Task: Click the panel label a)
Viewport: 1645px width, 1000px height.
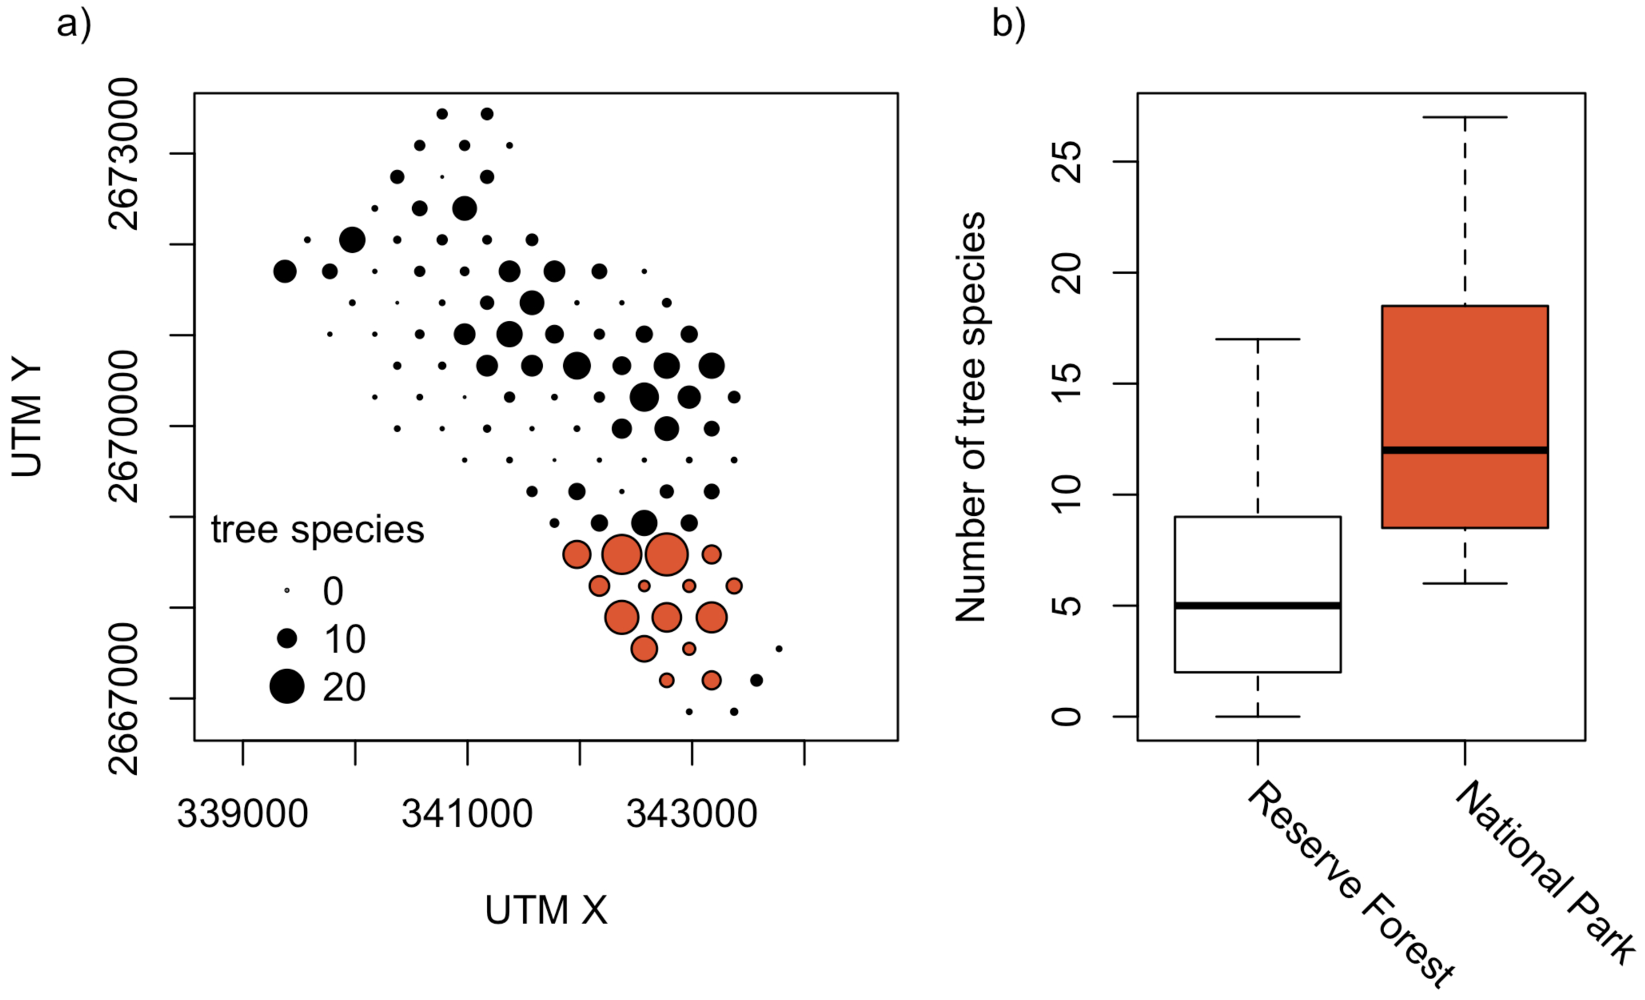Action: pyautogui.click(x=73, y=26)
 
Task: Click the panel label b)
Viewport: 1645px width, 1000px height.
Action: pyautogui.click(x=1008, y=26)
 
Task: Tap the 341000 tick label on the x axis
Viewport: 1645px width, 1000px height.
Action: pyautogui.click(x=467, y=814)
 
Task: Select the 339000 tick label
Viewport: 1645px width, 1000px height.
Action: pyautogui.click(x=242, y=814)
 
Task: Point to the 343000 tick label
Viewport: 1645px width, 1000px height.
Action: pyautogui.click(x=691, y=814)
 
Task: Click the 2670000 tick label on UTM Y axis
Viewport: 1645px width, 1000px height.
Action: pyautogui.click(x=124, y=426)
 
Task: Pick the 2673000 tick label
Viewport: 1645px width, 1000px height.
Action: pyautogui.click(x=124, y=154)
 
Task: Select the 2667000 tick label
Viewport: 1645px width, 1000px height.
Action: pyautogui.click(x=124, y=699)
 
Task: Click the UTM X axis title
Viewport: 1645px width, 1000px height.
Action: pyautogui.click(x=546, y=910)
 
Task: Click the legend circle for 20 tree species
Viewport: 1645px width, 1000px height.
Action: pyautogui.click(x=287, y=686)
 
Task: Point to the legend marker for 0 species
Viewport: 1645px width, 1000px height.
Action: pyautogui.click(x=287, y=591)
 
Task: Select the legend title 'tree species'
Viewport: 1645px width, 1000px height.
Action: pyautogui.click(x=318, y=529)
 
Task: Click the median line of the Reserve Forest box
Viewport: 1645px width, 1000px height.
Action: pyautogui.click(x=1257, y=606)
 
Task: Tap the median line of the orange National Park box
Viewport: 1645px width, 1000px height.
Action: pyautogui.click(x=1464, y=450)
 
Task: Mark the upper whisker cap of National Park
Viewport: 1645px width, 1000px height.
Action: pyautogui.click(x=1464, y=117)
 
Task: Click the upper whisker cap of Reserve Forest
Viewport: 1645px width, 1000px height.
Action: pyautogui.click(x=1257, y=339)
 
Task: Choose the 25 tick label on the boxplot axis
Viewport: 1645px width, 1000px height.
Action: pyautogui.click(x=1067, y=162)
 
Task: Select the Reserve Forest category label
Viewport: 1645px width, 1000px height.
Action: pyautogui.click(x=1349, y=883)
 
